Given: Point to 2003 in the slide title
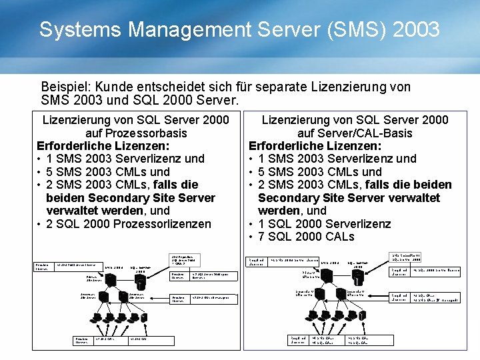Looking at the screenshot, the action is (x=417, y=30).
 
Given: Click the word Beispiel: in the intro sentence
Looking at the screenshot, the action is (x=66, y=87).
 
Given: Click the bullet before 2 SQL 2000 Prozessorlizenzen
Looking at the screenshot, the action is (x=40, y=224).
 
